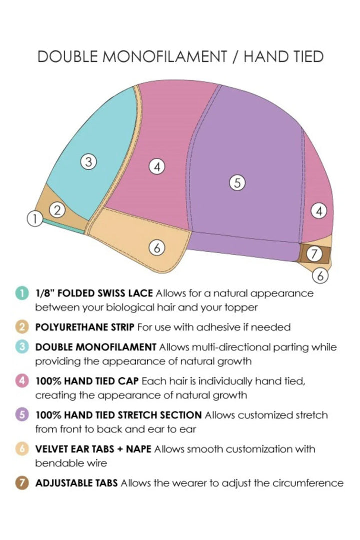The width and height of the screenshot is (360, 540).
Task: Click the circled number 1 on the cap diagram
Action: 35,218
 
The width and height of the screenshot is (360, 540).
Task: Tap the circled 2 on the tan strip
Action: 57,210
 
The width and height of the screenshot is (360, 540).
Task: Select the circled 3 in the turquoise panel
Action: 89,161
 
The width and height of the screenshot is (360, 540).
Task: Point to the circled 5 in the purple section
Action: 237,182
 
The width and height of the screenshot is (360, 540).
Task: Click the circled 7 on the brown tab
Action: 314,254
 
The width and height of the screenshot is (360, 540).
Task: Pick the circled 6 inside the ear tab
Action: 157,247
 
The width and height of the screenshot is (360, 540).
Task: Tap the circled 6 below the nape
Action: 320,276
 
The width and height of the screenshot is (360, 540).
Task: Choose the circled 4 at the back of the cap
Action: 319,211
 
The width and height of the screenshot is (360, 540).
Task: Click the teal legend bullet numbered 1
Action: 22,294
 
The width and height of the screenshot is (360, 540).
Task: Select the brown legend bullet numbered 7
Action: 22,483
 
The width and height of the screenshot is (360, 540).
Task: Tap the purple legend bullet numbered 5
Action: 22,415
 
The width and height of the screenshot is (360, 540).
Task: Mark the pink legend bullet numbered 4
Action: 22,381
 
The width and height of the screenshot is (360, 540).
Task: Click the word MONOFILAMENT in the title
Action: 165,57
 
